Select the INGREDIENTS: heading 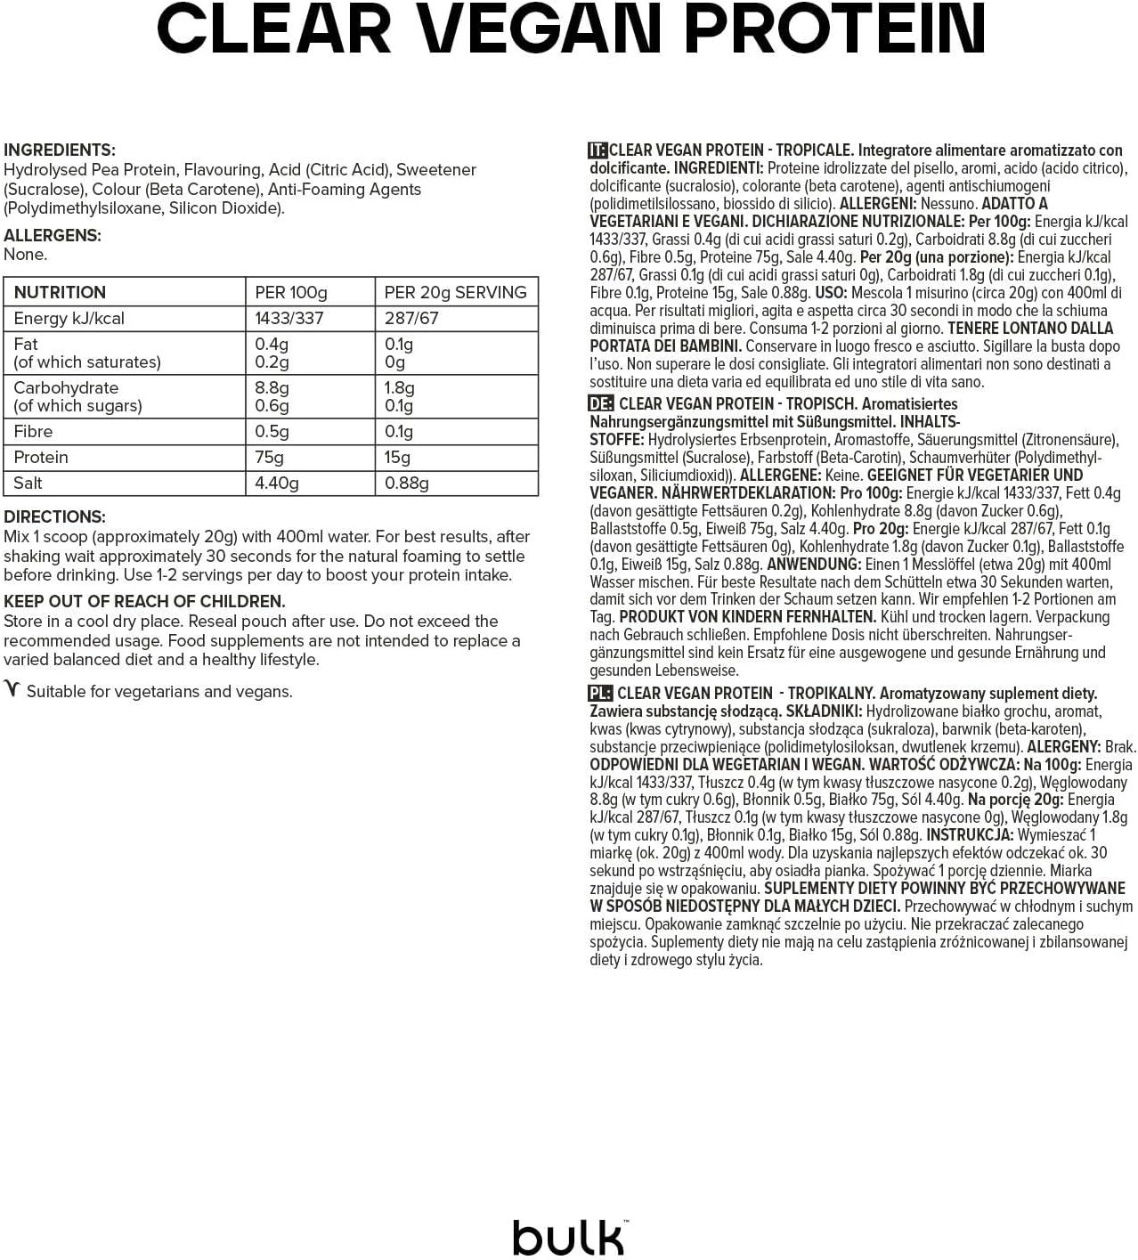click(x=60, y=150)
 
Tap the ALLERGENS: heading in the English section click(x=53, y=236)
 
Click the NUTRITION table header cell click(x=60, y=292)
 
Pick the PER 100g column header click(x=291, y=292)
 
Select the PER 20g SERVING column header click(x=455, y=292)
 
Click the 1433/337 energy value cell click(x=289, y=319)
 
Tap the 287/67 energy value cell click(x=411, y=319)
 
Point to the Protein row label click(x=41, y=458)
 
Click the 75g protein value click(x=270, y=458)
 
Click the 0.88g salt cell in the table click(x=407, y=484)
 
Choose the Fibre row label click(x=33, y=432)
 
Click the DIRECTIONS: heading click(x=54, y=517)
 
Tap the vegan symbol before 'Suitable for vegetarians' click(x=12, y=690)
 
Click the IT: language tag click(x=597, y=150)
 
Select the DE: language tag click(x=601, y=404)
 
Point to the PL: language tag click(x=600, y=694)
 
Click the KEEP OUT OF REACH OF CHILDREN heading click(x=144, y=602)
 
